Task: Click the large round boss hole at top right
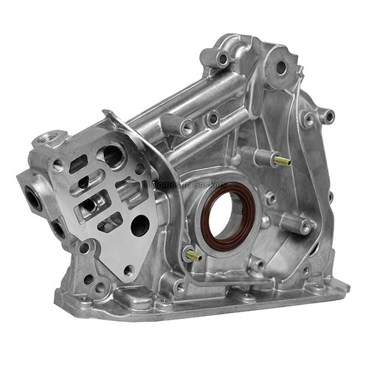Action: click(280, 67)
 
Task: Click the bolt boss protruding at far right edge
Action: click(328, 115)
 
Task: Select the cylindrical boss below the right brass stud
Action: click(305, 227)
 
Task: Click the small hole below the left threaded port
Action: click(58, 230)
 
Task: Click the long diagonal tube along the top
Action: click(199, 103)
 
